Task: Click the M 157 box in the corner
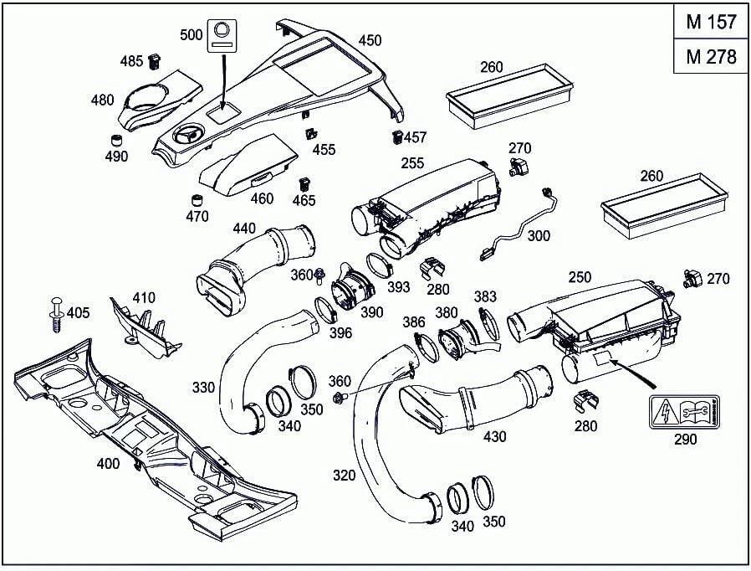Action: click(x=711, y=22)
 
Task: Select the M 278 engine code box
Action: click(x=711, y=57)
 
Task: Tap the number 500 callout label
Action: click(x=192, y=34)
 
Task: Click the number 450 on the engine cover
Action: click(x=370, y=39)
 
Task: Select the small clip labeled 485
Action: click(x=154, y=61)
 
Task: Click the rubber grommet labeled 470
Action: click(x=198, y=201)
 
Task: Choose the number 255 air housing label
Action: click(x=413, y=164)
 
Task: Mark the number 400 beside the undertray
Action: click(x=108, y=463)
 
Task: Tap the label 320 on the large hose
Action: click(x=344, y=476)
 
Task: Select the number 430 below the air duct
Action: click(x=494, y=436)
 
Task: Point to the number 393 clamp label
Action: click(x=398, y=287)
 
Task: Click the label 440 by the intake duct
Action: click(x=244, y=228)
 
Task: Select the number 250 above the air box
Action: click(x=580, y=276)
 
